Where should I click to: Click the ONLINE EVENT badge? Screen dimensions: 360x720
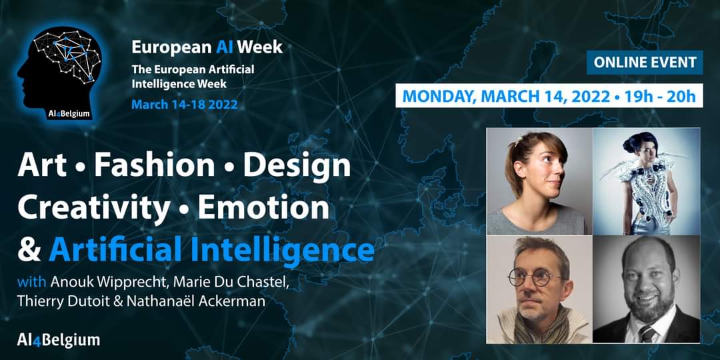(x=644, y=63)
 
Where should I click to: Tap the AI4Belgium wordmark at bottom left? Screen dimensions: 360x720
(x=59, y=339)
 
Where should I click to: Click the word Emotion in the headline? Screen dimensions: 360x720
(x=263, y=208)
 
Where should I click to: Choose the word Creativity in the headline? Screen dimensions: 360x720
(x=93, y=208)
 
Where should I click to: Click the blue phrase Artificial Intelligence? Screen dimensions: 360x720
(x=211, y=250)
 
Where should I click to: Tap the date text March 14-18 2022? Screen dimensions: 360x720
(x=184, y=105)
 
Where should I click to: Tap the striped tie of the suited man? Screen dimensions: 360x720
(x=647, y=333)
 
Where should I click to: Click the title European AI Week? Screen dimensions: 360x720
(x=207, y=47)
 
